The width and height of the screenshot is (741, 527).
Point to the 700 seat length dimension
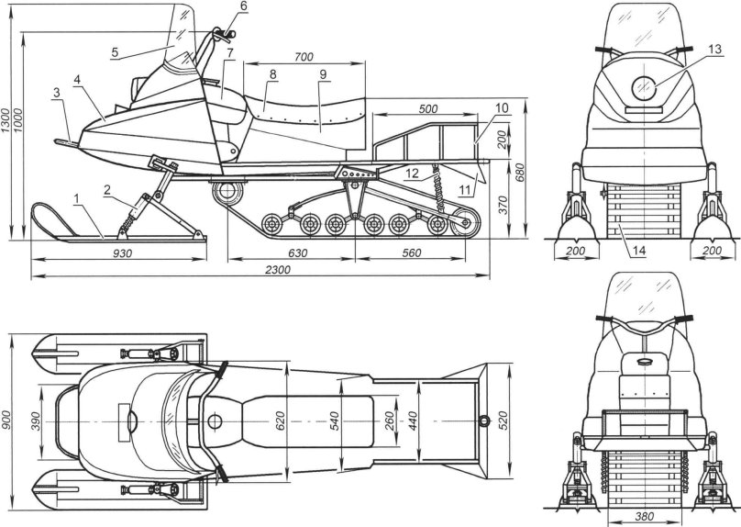click(298, 58)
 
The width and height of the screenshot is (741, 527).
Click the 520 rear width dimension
click(502, 422)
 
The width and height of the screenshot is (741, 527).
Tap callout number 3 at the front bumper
click(57, 93)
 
